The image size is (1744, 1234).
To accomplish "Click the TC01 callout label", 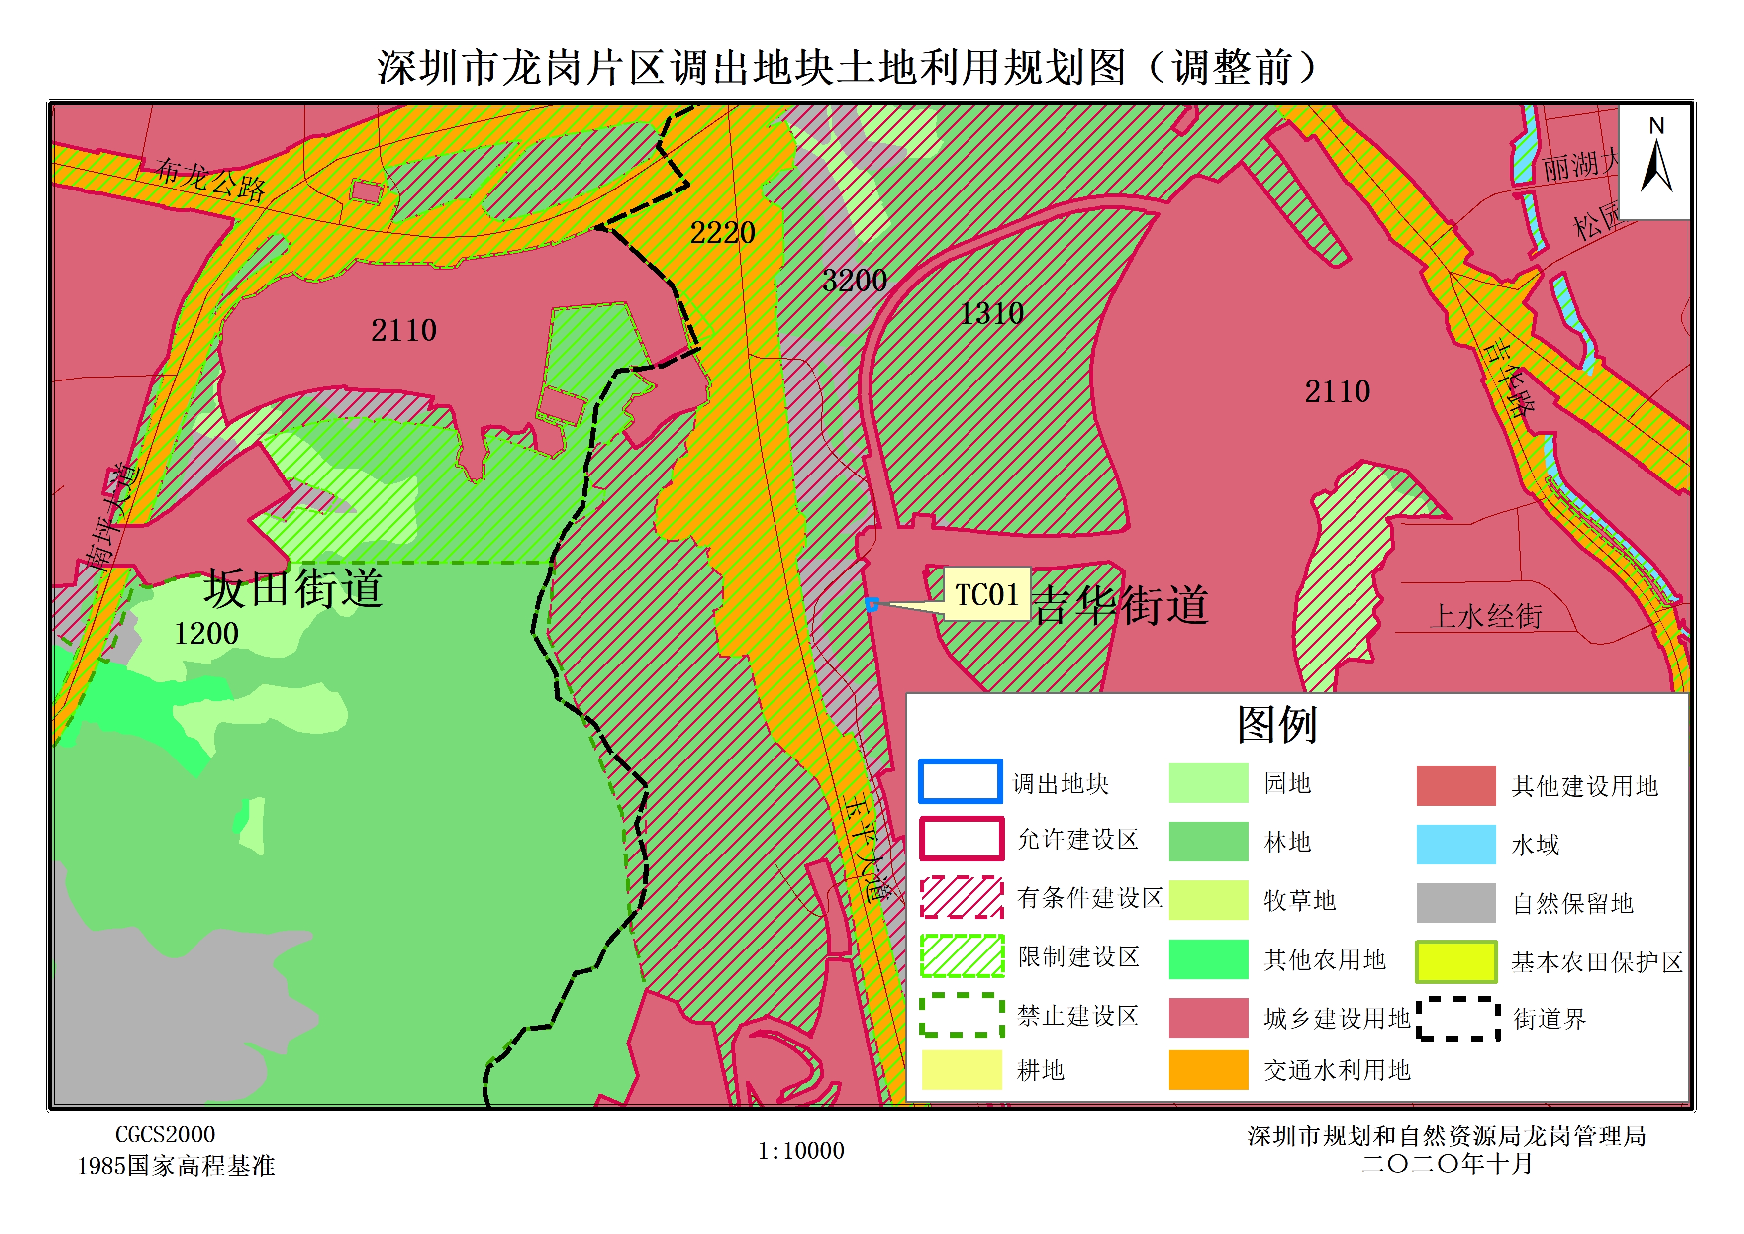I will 986,595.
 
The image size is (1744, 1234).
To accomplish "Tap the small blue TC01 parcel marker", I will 872,605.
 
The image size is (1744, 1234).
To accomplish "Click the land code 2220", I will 722,232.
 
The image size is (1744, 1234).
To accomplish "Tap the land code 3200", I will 854,281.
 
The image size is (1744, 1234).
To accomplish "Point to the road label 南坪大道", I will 112,517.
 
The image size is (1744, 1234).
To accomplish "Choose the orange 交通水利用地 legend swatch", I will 1207,1069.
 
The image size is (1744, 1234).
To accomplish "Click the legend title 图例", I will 1276,724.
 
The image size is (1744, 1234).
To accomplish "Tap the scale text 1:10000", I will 801,1150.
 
